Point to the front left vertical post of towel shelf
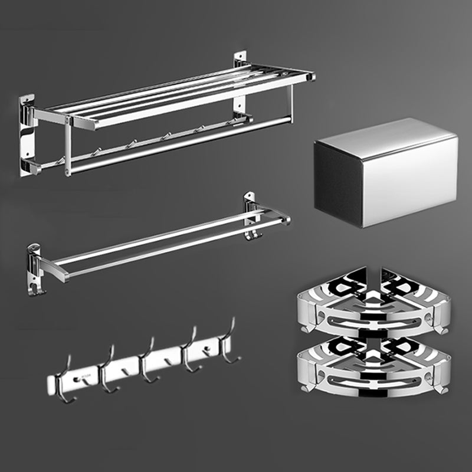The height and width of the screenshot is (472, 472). click(68, 147)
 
